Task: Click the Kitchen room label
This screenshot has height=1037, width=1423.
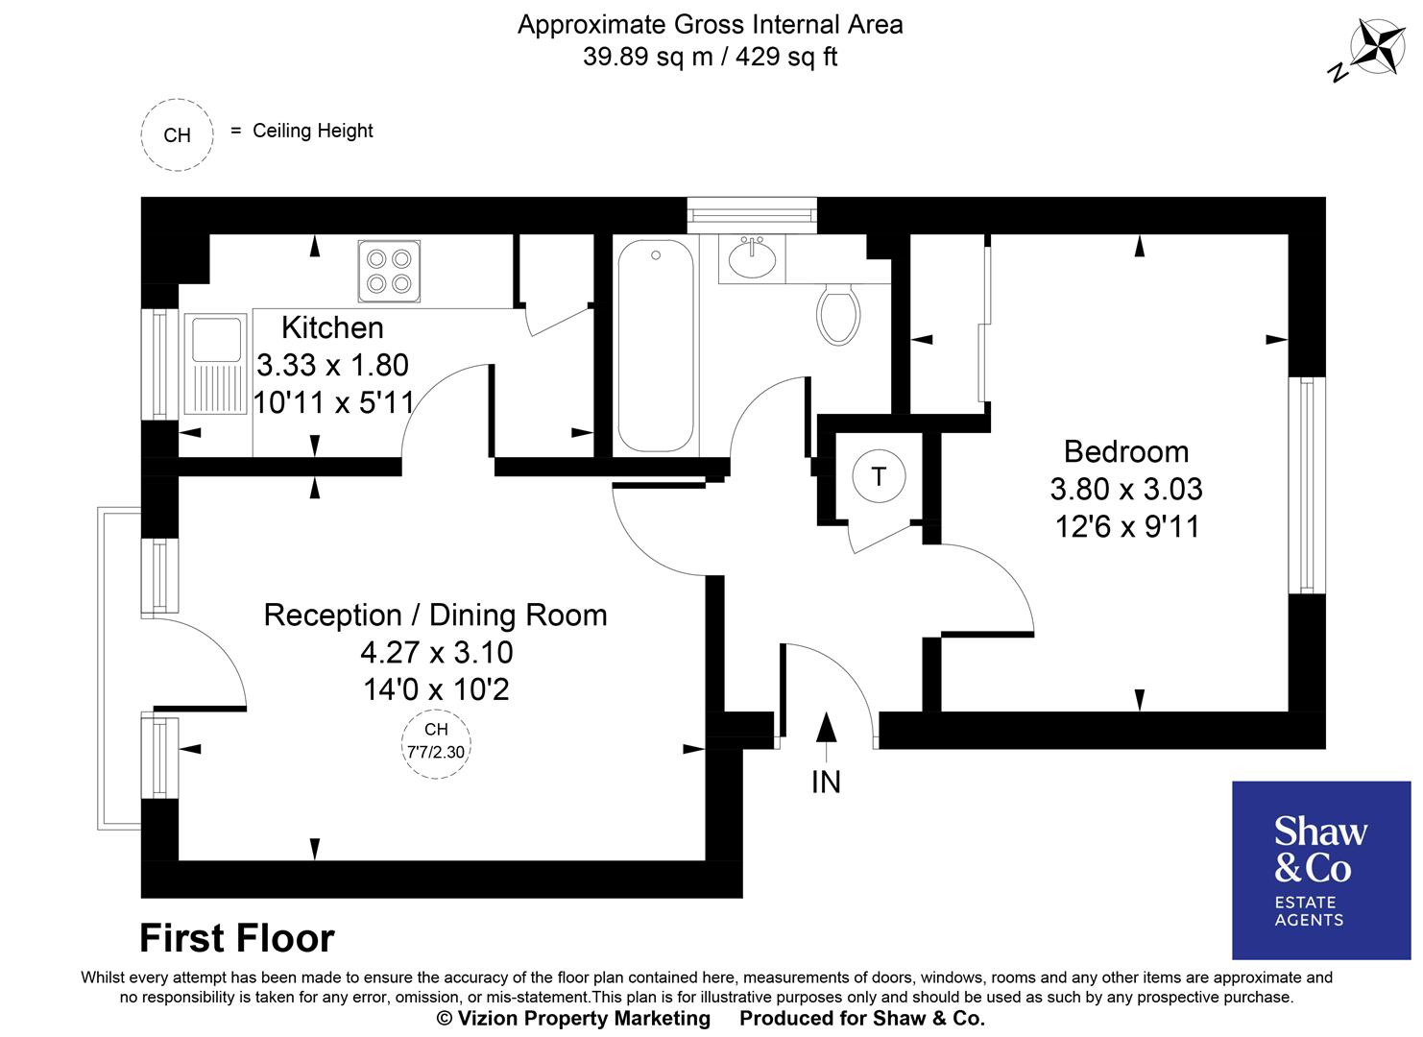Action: [332, 327]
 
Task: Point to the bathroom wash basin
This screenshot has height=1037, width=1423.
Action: [753, 257]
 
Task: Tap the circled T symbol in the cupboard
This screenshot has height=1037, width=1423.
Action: [878, 475]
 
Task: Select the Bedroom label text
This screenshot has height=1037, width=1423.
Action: [1125, 451]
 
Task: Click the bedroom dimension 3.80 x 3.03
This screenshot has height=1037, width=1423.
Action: [1125, 489]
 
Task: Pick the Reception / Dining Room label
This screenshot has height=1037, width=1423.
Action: [435, 615]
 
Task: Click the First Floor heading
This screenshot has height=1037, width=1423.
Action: [237, 937]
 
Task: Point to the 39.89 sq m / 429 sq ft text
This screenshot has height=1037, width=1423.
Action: [710, 57]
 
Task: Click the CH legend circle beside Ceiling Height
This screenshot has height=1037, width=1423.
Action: [177, 135]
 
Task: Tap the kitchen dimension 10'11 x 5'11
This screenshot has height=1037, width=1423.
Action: [332, 402]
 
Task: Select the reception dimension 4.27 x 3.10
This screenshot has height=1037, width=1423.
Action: [436, 652]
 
